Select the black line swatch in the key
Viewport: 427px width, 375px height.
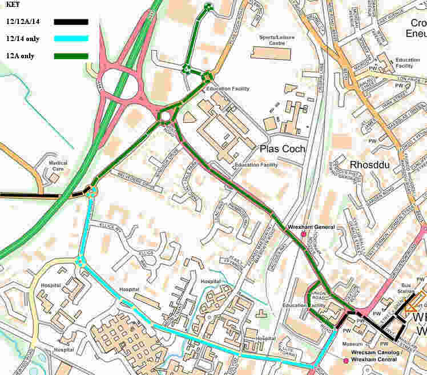point(71,22)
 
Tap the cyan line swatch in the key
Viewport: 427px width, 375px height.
point(71,39)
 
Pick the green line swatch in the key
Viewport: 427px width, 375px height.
point(71,56)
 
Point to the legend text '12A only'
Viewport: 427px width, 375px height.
point(20,56)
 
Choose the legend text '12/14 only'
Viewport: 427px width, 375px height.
point(23,39)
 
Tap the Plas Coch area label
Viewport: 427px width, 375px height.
point(283,148)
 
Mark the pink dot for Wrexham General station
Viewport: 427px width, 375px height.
point(303,234)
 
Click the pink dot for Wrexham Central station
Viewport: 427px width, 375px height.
point(346,361)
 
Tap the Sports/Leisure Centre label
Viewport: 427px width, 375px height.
point(268,41)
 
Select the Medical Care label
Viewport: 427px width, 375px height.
point(57,166)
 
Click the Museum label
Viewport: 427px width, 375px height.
point(352,344)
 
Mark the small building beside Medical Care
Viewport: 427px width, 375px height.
point(53,178)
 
